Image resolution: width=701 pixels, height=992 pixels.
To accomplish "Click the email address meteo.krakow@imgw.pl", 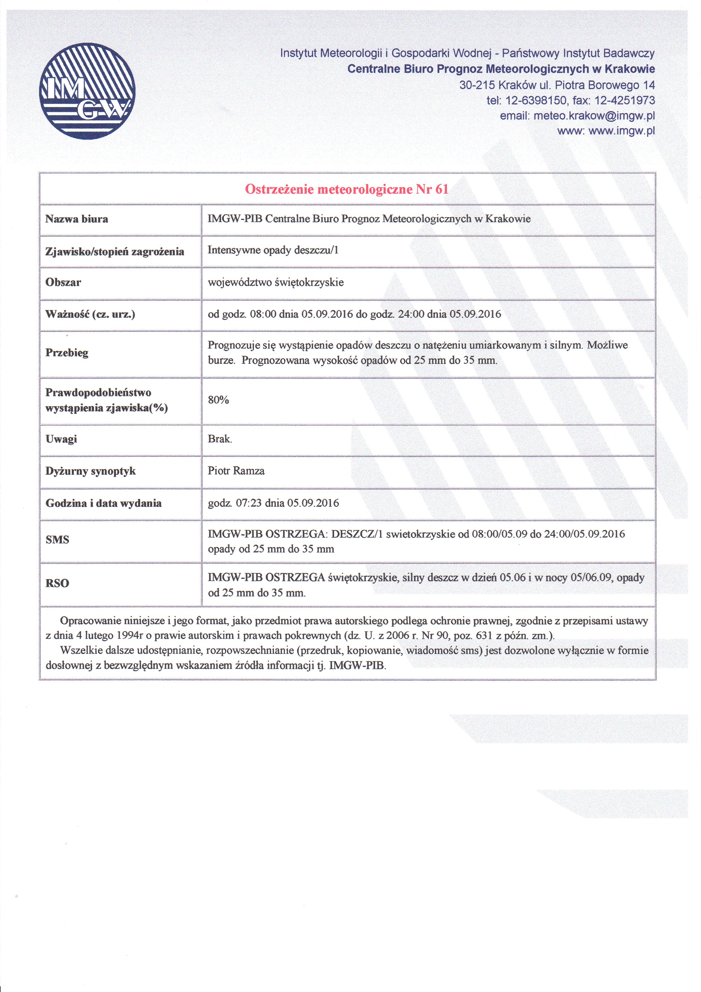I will pyautogui.click(x=594, y=116).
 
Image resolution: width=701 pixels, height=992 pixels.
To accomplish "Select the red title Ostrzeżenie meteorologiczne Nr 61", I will pyautogui.click(x=347, y=189).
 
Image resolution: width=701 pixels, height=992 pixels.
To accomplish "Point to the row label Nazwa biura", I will pyautogui.click(x=77, y=219).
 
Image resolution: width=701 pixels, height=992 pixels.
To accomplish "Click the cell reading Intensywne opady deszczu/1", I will pyautogui.click(x=273, y=250).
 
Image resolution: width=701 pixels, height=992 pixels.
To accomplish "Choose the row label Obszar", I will pyautogui.click(x=63, y=283).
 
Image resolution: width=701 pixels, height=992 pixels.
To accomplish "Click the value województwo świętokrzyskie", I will pyautogui.click(x=275, y=283).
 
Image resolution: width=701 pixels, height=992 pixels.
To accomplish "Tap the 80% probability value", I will pyautogui.click(x=218, y=400).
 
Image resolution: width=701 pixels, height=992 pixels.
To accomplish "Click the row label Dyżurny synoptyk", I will pyautogui.click(x=90, y=471).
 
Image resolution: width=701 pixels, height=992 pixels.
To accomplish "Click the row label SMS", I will pyautogui.click(x=57, y=540).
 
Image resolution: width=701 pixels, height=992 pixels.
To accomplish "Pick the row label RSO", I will pyautogui.click(x=57, y=583).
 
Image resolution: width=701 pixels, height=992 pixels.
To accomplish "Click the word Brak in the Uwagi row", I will pyautogui.click(x=220, y=439).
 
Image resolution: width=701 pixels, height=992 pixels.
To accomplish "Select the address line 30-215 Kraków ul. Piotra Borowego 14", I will pyautogui.click(x=557, y=85).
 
